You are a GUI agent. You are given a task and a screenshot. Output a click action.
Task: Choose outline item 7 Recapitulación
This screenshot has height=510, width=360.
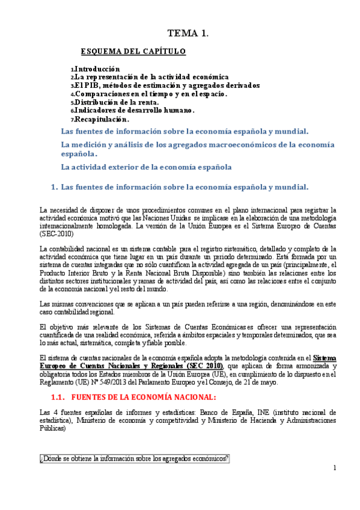coord(102,119)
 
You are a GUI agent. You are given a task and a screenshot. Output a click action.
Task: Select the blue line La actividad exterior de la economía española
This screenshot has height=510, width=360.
coord(147,167)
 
